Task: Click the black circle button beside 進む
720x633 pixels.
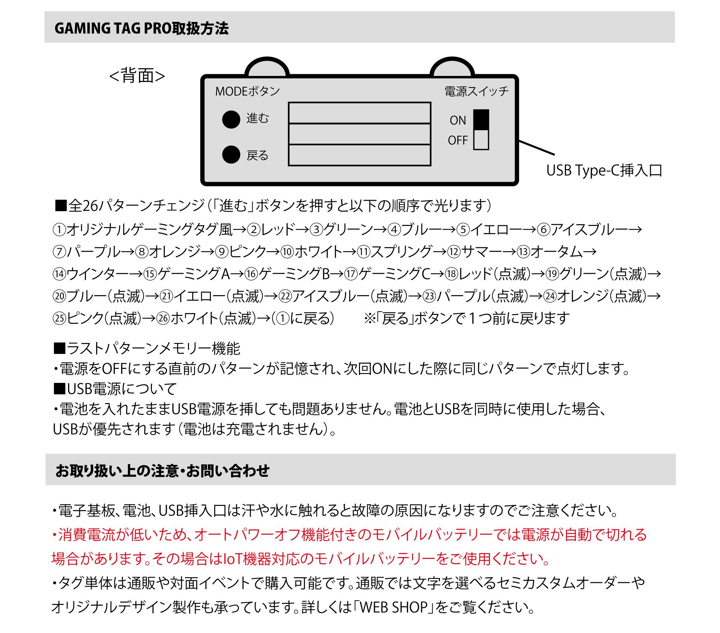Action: (231, 119)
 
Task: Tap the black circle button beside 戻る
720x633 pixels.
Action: (231, 155)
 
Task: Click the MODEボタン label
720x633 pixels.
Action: (247, 91)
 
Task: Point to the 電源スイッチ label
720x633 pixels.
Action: (477, 91)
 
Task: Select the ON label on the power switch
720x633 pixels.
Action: (458, 120)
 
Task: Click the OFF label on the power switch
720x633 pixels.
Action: (458, 140)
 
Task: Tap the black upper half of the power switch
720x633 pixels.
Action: (481, 119)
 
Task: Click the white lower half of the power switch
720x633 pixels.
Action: (481, 140)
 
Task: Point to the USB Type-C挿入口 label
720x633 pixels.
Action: (604, 171)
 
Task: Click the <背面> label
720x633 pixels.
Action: (137, 76)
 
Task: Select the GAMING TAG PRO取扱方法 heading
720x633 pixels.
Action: (141, 28)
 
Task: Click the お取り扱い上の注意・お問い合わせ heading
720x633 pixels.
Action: (162, 470)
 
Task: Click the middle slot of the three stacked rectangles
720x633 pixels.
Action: (359, 134)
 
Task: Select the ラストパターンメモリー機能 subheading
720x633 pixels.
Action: (153, 348)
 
